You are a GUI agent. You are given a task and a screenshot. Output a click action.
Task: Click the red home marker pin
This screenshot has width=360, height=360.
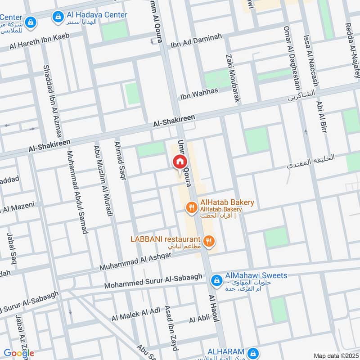pyautogui.click(x=180, y=162)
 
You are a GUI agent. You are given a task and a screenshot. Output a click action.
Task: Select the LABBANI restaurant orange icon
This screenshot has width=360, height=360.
pyautogui.click(x=208, y=242)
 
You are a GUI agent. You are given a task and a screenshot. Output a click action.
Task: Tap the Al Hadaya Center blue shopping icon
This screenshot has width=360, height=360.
pyautogui.click(x=57, y=17)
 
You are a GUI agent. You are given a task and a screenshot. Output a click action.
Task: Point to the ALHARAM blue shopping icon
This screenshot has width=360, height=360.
pyautogui.click(x=253, y=352)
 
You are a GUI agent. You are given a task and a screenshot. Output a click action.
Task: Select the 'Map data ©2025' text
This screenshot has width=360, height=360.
pyautogui.click(x=335, y=355)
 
